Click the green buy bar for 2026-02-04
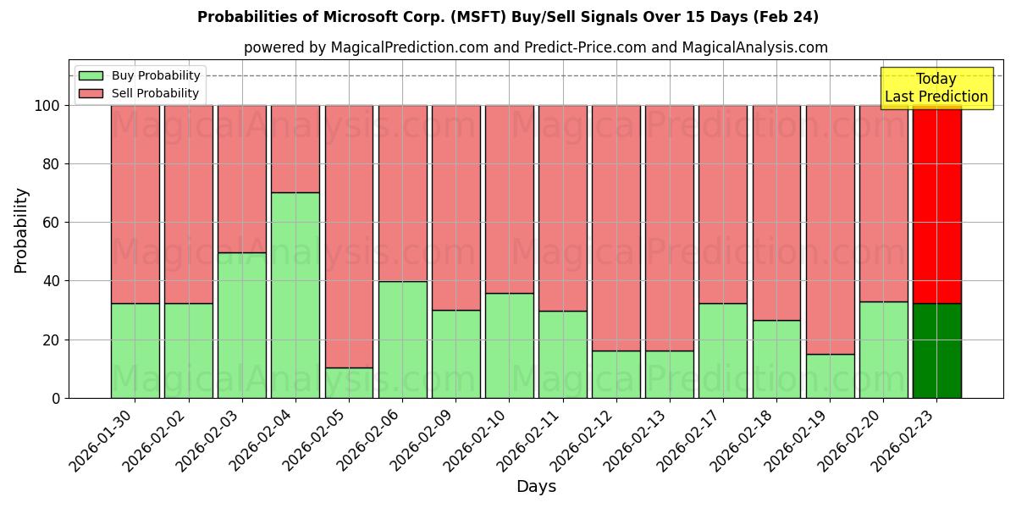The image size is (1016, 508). coord(295,295)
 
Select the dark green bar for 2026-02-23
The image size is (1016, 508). coord(936,351)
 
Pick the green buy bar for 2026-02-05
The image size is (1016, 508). coord(349,383)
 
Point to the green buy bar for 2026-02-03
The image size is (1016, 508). coord(242,325)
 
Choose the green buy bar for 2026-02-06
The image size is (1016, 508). coord(402,340)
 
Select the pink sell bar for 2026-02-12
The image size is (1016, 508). coord(616,228)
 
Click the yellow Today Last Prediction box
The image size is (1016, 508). coord(936,88)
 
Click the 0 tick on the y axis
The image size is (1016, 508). coord(56,398)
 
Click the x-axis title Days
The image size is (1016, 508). coord(536,487)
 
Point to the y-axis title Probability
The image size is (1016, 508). coord(21,229)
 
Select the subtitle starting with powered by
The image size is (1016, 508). coord(536,47)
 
